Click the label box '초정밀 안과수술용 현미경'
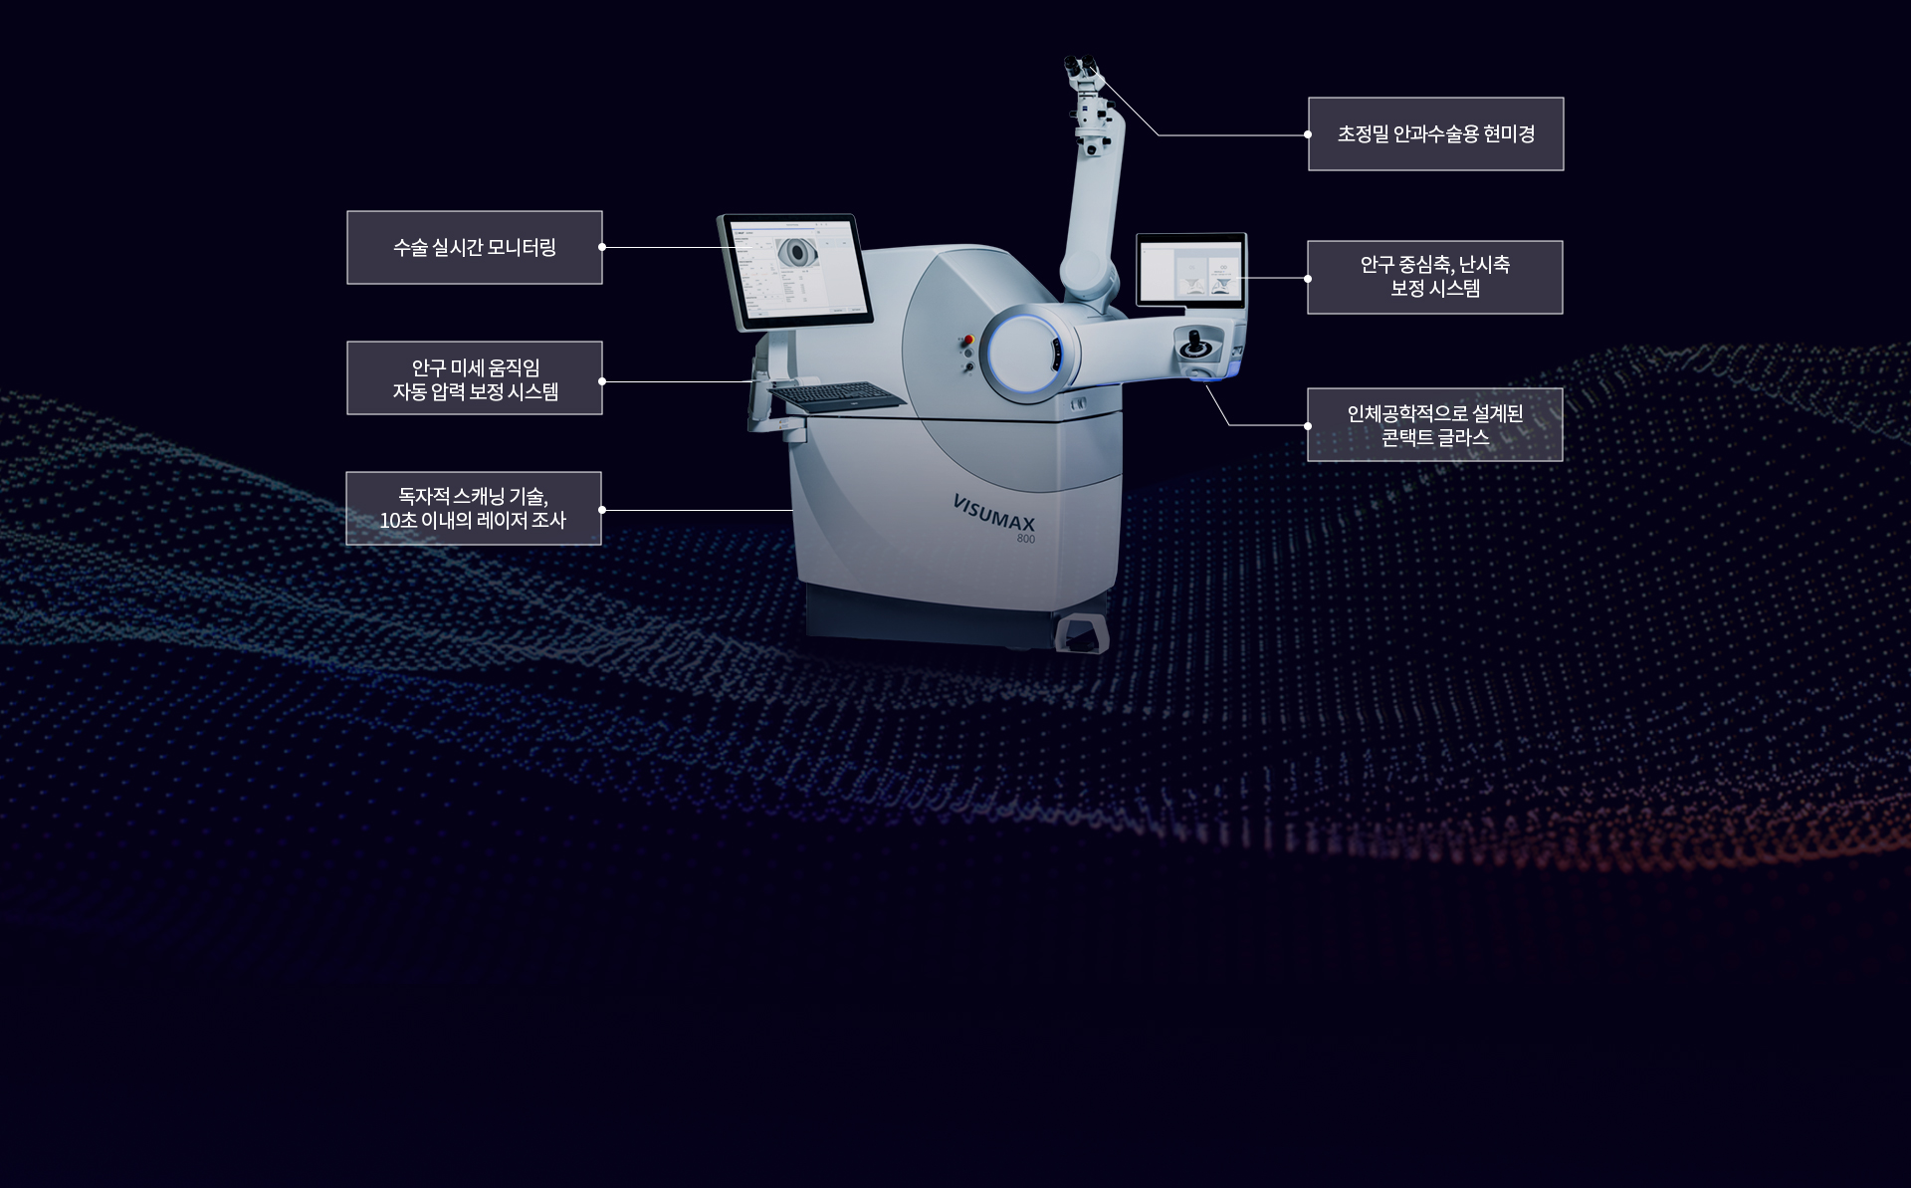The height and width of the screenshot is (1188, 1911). tap(1435, 134)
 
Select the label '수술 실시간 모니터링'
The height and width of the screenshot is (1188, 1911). tap(475, 248)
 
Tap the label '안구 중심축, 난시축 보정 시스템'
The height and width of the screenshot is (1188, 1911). tap(1435, 278)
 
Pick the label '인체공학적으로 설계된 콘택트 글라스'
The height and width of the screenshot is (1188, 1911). tap(1435, 425)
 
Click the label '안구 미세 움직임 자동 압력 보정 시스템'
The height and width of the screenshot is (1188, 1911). tap(475, 378)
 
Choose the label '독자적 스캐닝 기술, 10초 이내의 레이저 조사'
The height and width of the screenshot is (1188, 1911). tap(474, 509)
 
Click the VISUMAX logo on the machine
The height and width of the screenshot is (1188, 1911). tap(993, 513)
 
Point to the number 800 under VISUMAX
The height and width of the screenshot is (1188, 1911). tap(1025, 539)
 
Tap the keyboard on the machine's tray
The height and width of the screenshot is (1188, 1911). tap(838, 396)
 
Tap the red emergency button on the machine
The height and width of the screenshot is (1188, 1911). tap(966, 341)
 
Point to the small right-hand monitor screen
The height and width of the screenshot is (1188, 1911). tap(1191, 270)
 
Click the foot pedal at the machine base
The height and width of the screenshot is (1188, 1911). tap(1082, 634)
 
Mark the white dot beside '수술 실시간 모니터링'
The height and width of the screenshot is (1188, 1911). tap(602, 247)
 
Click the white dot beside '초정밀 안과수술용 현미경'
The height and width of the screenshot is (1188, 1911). tap(1308, 134)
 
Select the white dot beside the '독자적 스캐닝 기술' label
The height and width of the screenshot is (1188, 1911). tap(602, 510)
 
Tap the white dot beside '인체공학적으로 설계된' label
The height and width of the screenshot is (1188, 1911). tap(1308, 426)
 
